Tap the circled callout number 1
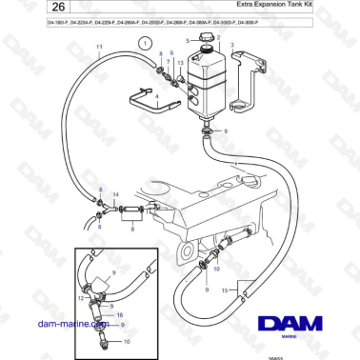(144, 42)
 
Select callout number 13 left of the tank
(181, 62)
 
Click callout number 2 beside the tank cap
(219, 38)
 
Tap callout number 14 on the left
(115, 194)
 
